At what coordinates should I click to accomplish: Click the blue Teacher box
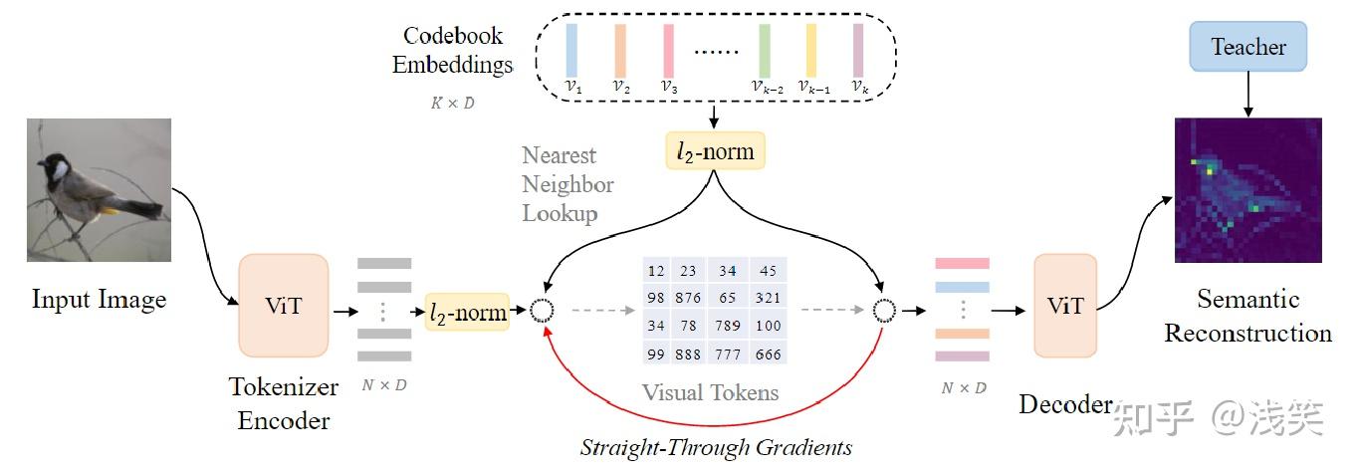point(1247,48)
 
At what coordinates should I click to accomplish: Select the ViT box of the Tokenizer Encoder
point(284,305)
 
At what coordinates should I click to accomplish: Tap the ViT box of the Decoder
point(1064,305)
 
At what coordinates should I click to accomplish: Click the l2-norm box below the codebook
point(716,150)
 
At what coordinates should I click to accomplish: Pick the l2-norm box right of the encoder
point(466,312)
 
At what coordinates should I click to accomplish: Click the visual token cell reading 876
point(686,298)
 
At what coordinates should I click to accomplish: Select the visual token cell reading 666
point(768,354)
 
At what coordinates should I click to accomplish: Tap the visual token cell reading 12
point(656,271)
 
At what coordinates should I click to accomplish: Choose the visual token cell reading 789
point(727,326)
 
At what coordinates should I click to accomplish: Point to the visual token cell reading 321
point(768,298)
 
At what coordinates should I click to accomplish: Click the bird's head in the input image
point(55,166)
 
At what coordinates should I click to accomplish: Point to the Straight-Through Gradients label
point(716,447)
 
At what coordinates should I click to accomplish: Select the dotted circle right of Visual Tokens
point(883,311)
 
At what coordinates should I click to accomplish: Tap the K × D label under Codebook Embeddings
point(453,103)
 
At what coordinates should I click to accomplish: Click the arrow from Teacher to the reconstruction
point(1247,95)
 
